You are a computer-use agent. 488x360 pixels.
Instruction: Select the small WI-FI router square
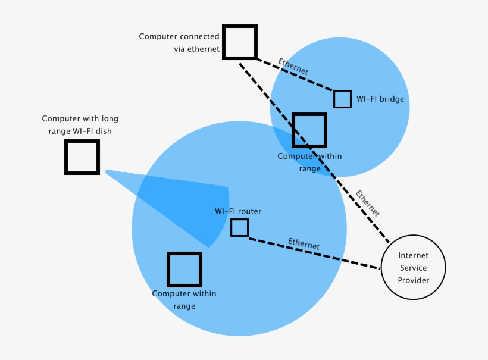239,227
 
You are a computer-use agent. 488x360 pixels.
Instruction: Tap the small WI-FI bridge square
342,99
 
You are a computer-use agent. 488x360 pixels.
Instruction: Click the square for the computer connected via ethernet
240,42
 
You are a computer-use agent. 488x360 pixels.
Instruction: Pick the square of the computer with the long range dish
82,157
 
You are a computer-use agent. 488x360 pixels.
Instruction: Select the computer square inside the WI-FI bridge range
309,130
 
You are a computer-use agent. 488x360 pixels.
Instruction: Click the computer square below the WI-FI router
184,270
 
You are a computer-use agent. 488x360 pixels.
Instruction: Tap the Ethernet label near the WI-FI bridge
293,66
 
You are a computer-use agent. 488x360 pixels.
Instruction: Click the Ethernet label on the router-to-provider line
304,243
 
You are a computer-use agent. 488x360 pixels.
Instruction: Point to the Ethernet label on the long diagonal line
367,203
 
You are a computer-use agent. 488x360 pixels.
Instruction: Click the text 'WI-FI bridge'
380,99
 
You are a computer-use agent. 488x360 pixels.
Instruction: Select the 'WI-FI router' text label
238,211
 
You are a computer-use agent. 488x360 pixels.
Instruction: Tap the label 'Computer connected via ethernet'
179,43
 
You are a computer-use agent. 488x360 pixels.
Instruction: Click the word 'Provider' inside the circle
413,280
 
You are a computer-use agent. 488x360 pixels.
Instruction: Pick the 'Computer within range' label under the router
184,299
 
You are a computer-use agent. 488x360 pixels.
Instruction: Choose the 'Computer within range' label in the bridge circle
309,162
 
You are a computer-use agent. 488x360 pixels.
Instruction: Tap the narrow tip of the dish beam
108,172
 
